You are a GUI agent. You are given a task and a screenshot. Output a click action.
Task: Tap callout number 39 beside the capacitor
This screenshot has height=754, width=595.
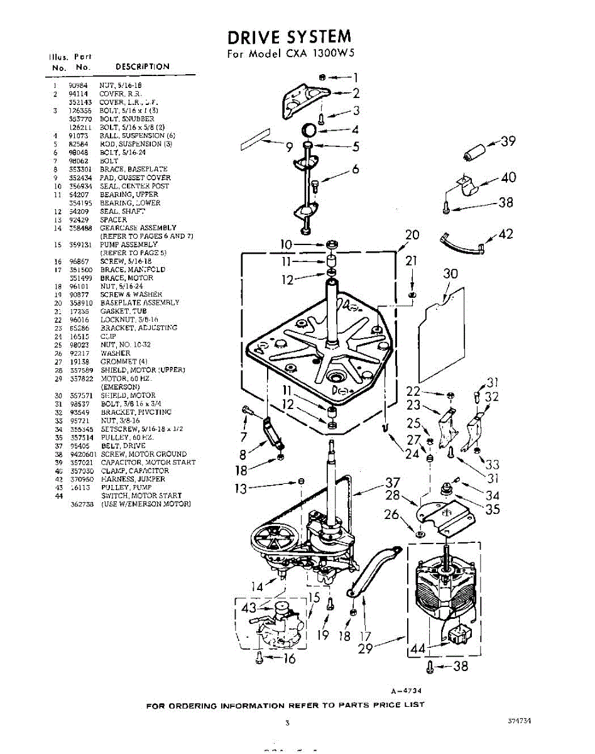(508, 141)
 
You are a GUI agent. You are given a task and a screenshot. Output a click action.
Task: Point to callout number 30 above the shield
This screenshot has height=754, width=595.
(450, 273)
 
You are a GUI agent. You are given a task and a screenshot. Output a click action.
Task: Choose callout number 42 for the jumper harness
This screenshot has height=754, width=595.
(505, 234)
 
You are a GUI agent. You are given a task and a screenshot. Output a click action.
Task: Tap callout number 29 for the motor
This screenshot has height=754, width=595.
(365, 648)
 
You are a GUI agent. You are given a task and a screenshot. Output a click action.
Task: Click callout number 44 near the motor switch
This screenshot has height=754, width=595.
(417, 648)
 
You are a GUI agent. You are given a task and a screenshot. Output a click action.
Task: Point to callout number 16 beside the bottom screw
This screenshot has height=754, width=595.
(289, 658)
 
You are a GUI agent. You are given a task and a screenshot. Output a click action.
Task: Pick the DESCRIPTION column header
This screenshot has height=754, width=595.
(143, 67)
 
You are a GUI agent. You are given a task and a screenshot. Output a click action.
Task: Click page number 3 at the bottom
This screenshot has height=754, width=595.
(287, 723)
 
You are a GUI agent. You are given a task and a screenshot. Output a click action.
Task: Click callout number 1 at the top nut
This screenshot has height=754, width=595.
(355, 78)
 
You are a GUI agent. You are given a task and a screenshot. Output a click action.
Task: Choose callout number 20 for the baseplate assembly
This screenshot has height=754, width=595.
(412, 235)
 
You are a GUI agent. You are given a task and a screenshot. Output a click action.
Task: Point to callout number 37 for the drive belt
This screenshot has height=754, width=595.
(393, 483)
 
